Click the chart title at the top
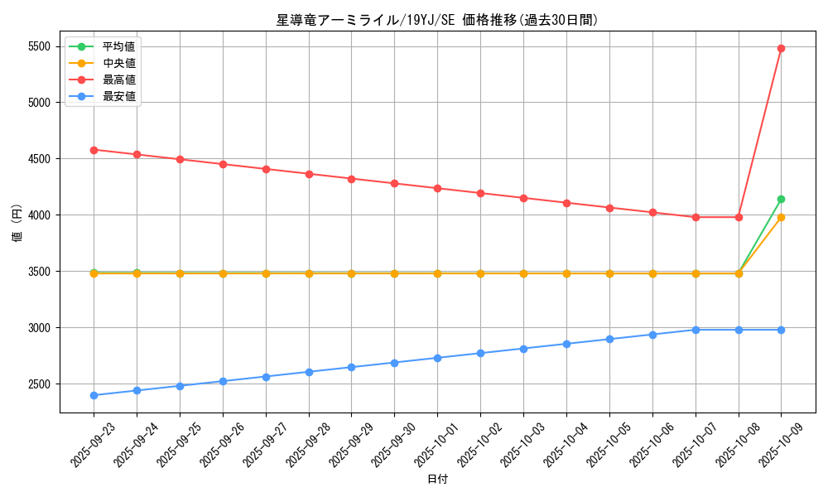tap(436, 20)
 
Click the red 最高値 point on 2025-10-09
tap(781, 48)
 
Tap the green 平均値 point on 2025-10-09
tap(781, 199)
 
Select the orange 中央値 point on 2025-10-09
tap(781, 217)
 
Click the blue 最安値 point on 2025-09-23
tap(94, 395)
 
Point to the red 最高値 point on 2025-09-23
tap(94, 150)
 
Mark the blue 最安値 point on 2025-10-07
tap(696, 330)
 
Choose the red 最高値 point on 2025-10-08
tap(739, 217)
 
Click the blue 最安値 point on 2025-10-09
tap(781, 330)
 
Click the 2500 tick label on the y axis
tap(39, 384)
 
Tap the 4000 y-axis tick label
tap(39, 215)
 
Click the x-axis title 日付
tap(436, 480)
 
